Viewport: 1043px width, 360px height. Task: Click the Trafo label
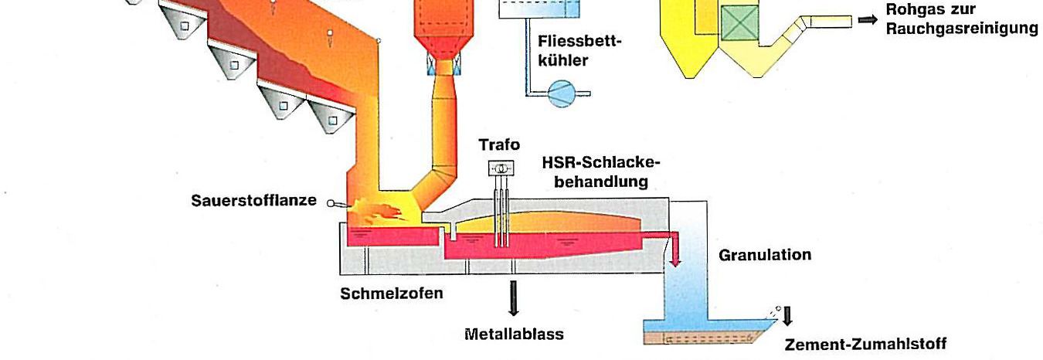click(x=499, y=144)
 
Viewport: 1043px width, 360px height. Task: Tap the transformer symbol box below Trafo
click(x=501, y=168)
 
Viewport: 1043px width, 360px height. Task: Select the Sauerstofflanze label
click(x=253, y=201)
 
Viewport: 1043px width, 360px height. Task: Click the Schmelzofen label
click(x=392, y=294)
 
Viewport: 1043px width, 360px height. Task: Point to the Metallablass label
click(x=514, y=334)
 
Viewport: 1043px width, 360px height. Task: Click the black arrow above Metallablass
click(x=514, y=298)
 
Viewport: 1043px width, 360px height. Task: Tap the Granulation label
click(x=765, y=255)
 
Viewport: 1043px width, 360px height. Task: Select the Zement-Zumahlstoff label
click(x=865, y=345)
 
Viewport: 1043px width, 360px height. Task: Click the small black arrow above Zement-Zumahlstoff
click(x=787, y=316)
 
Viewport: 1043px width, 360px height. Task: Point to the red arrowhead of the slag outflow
click(x=674, y=263)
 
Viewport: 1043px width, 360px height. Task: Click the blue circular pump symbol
click(x=562, y=93)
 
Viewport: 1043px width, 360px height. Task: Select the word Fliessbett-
click(x=579, y=42)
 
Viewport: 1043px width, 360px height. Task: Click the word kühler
click(x=563, y=60)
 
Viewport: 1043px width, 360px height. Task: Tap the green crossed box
click(x=740, y=23)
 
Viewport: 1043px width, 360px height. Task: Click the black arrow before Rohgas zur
click(x=868, y=20)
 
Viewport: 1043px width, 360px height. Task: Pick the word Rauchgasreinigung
click(x=962, y=29)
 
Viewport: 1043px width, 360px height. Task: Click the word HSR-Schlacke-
click(x=601, y=163)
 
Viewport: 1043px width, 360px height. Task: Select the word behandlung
click(x=601, y=182)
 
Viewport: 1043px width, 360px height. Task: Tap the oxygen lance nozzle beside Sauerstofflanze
click(x=337, y=203)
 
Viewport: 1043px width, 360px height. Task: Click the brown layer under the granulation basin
click(x=703, y=338)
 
